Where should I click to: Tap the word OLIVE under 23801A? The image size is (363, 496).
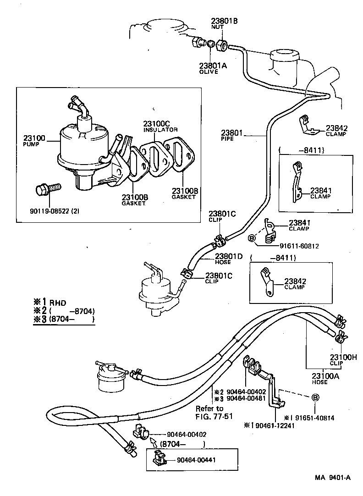point(209,72)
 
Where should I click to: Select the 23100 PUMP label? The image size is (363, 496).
point(34,140)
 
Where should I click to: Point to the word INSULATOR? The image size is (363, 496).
point(160,130)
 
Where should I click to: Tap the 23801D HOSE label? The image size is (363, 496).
point(229,259)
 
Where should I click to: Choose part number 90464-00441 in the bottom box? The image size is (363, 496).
point(189,460)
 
